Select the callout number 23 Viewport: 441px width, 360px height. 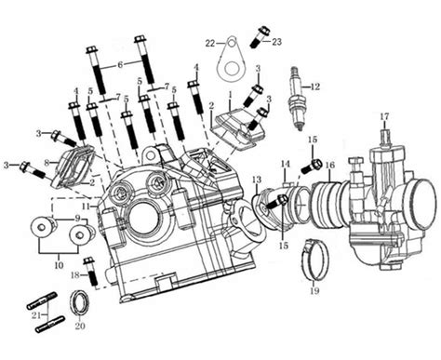click(x=276, y=42)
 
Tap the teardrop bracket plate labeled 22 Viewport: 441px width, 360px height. click(x=231, y=59)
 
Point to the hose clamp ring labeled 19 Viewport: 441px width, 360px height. click(x=314, y=260)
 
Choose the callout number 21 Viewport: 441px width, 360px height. click(x=36, y=315)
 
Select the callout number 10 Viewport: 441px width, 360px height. click(x=59, y=265)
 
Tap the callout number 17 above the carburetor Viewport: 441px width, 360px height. click(x=384, y=116)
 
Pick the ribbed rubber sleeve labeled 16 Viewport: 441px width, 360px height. click(x=329, y=205)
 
